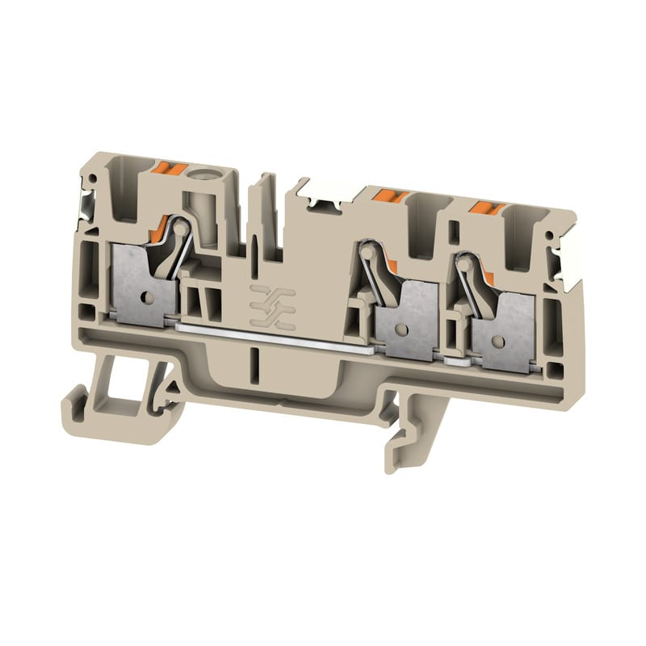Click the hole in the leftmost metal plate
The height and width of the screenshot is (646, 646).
(146, 297)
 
